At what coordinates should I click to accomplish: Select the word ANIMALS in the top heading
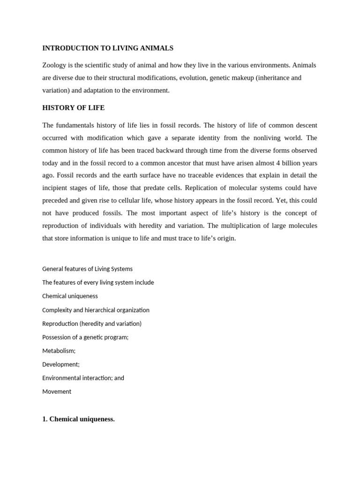coord(156,48)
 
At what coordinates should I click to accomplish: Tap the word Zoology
coord(55,65)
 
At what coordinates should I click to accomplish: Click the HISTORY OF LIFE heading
coord(74,108)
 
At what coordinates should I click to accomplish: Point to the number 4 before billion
coord(277,163)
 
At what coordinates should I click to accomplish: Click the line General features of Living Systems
coord(87,269)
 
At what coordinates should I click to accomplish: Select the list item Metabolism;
coord(59,351)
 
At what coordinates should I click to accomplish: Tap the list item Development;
coord(61,364)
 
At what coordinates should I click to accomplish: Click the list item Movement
coord(57,391)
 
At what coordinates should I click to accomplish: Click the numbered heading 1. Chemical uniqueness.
coord(78,419)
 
